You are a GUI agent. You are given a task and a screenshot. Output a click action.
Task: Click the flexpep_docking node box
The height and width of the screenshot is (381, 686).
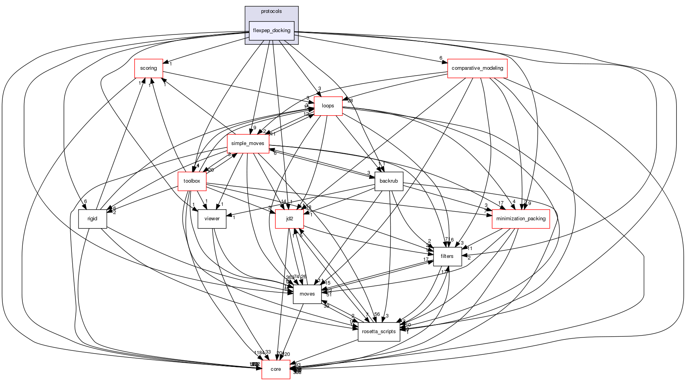271,31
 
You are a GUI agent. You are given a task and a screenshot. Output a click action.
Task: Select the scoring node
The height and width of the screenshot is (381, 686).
148,68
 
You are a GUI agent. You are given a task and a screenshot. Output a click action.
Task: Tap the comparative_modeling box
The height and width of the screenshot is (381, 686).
477,68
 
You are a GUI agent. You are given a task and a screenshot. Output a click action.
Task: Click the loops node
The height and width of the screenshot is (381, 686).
328,106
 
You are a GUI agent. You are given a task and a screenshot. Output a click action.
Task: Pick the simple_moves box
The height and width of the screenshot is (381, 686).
247,143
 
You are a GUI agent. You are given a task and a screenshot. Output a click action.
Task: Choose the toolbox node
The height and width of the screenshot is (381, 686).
192,181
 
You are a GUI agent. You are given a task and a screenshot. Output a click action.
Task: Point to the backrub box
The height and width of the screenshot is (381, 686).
389,181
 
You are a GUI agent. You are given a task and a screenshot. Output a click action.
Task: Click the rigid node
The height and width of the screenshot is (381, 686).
92,219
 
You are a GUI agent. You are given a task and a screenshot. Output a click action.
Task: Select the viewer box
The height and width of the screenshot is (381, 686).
212,219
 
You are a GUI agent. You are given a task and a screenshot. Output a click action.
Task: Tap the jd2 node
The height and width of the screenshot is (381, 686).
289,219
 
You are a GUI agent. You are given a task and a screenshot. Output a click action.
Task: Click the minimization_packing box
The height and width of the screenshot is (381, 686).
521,219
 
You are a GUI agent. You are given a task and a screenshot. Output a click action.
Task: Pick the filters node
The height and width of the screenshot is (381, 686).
447,256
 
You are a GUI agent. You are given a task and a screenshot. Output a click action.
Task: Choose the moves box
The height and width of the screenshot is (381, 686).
307,294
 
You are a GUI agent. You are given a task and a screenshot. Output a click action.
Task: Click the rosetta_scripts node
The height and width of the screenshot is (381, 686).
379,332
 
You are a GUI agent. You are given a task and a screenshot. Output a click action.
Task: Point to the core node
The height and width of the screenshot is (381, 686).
276,369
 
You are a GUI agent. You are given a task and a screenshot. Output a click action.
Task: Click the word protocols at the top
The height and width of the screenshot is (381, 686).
271,11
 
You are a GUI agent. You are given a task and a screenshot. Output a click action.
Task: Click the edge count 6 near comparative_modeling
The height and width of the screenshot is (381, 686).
441,58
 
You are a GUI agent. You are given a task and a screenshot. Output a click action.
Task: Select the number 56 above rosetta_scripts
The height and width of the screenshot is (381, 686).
377,314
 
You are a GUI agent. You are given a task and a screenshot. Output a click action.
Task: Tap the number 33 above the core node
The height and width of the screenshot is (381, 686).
268,352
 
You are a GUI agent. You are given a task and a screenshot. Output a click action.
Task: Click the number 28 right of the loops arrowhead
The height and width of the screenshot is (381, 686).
350,101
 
